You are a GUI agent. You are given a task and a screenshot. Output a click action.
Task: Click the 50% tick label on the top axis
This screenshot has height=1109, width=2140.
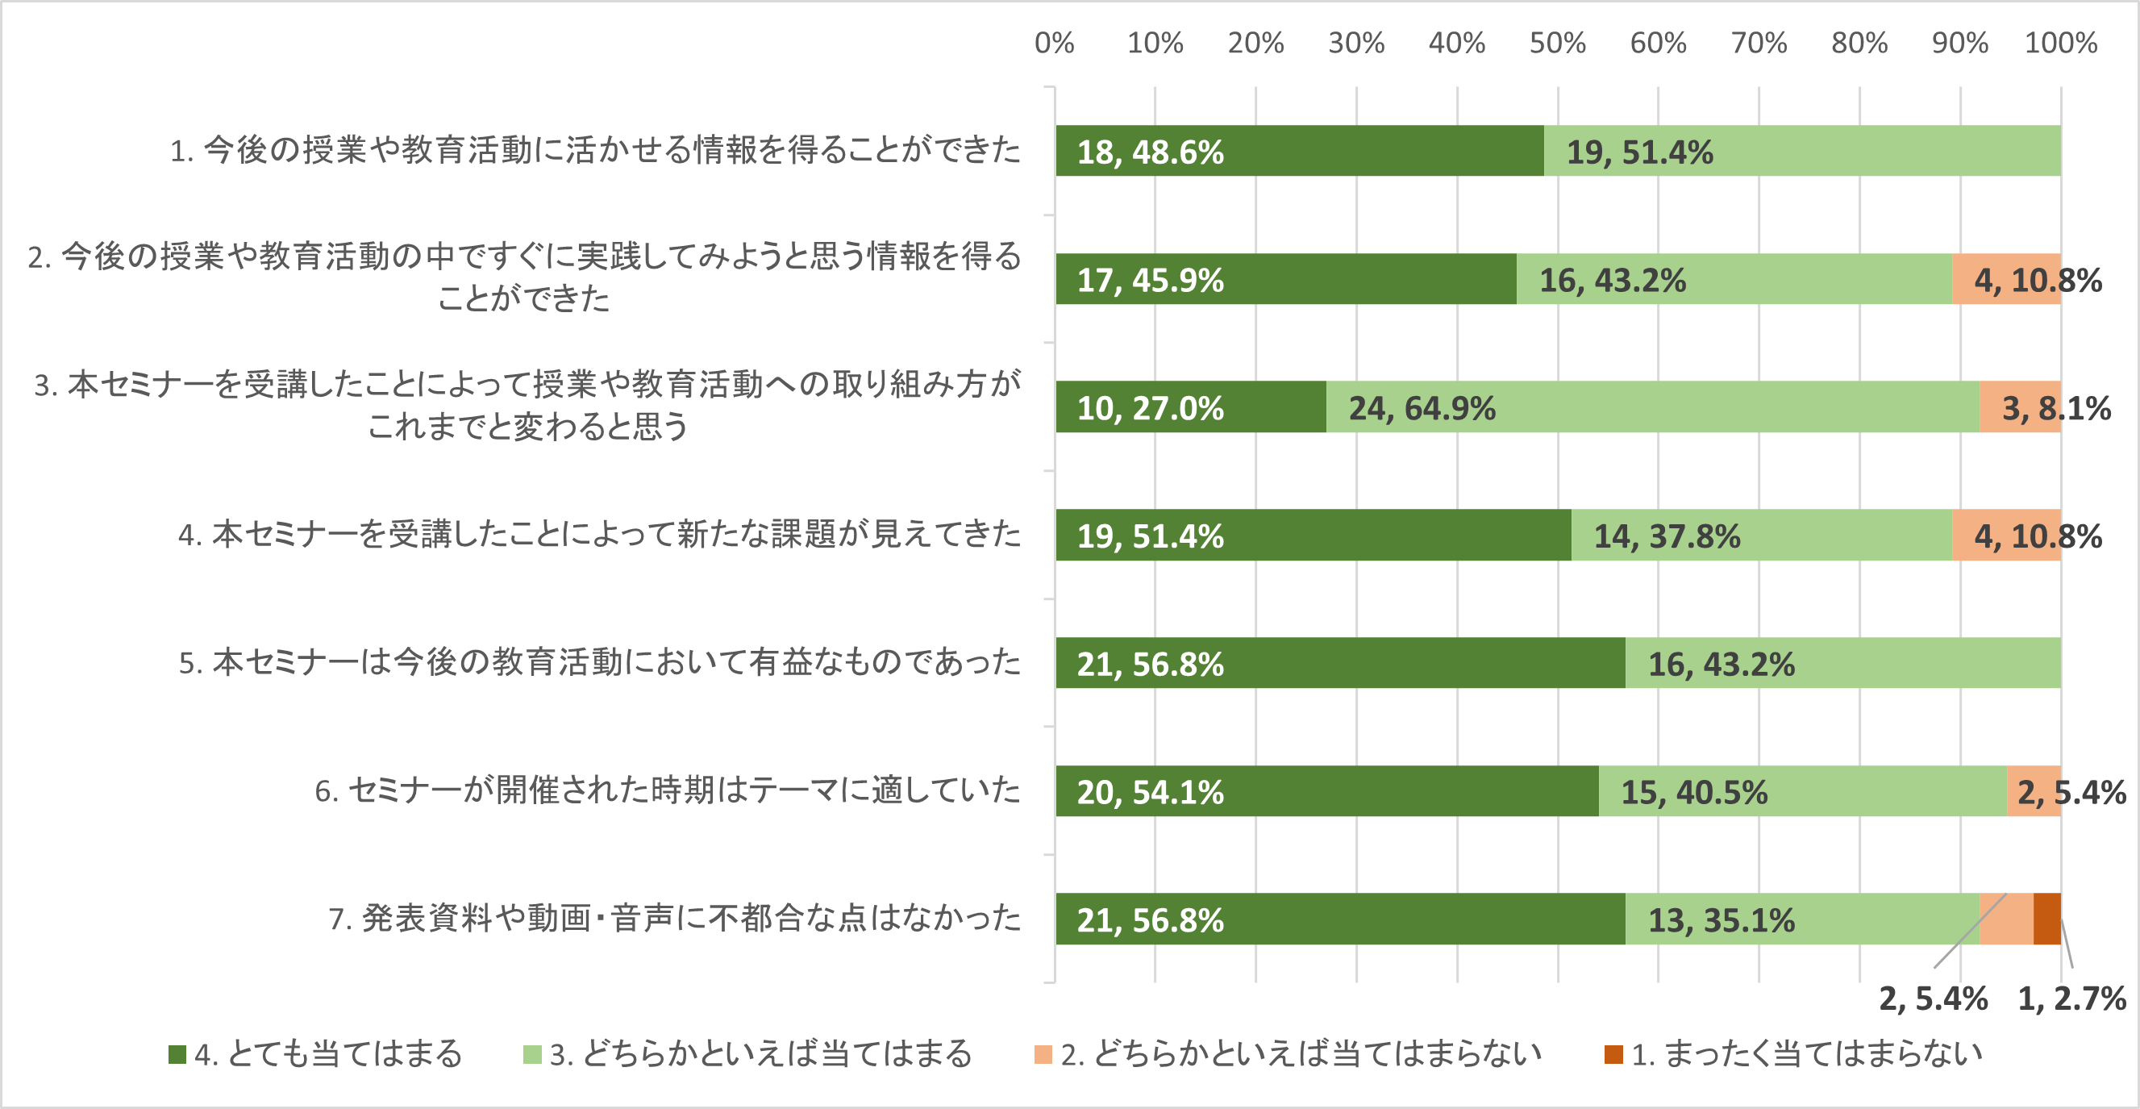point(1557,43)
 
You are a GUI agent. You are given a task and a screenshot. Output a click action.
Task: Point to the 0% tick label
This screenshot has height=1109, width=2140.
point(1054,43)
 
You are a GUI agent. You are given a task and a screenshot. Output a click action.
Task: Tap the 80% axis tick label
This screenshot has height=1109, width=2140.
point(1859,43)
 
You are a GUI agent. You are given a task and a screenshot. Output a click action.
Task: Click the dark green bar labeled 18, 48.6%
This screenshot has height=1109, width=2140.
point(1299,151)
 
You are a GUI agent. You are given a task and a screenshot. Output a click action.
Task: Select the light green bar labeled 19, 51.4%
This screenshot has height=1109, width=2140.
point(1803,151)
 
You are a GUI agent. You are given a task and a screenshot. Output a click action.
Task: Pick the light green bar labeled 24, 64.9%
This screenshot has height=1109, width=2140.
point(1653,407)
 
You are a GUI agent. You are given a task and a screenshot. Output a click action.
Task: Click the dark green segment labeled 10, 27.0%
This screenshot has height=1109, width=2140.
point(1190,407)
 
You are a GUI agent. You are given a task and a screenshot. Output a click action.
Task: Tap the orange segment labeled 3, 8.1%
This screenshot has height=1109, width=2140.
point(2020,407)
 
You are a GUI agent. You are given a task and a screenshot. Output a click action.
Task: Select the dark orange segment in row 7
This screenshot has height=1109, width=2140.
point(2047,919)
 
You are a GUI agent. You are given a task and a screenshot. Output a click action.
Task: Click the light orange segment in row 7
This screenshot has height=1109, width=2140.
point(2006,919)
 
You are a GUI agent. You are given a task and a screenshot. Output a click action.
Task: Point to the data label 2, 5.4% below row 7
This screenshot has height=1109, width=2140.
point(1933,999)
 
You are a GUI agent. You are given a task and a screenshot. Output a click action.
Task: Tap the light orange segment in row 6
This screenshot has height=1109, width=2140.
point(2034,791)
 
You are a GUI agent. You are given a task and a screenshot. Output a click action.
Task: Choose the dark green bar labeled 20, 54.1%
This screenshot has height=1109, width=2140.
point(1326,791)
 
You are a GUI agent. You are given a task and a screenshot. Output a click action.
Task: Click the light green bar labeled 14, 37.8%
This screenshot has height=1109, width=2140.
point(1761,535)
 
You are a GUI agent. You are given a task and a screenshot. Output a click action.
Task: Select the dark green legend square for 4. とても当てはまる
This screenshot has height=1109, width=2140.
point(177,1054)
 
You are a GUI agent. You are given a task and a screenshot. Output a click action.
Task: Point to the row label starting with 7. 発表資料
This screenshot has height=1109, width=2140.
point(675,918)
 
